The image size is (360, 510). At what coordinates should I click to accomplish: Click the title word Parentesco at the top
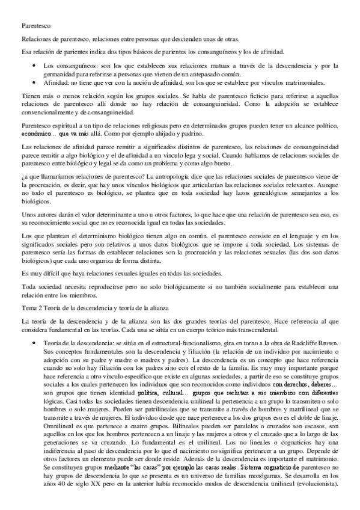click(x=35, y=26)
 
